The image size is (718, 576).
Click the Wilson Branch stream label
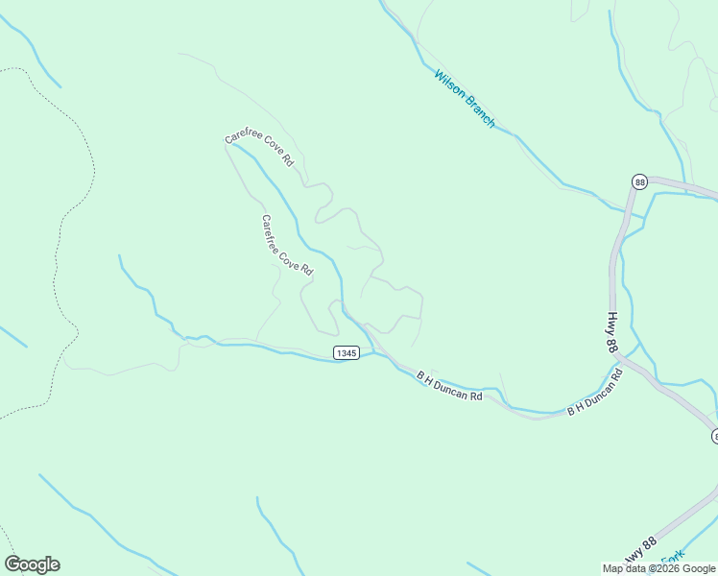(x=465, y=98)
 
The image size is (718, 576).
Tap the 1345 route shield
(x=347, y=353)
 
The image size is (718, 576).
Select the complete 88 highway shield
(x=640, y=181)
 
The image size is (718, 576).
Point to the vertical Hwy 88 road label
(x=610, y=332)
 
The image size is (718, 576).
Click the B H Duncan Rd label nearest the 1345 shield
(x=448, y=387)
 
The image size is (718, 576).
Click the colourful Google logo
(x=32, y=564)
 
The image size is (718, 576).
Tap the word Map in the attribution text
(x=614, y=568)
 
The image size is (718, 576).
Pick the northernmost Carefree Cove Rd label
(x=258, y=150)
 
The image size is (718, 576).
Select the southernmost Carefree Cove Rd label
(x=287, y=246)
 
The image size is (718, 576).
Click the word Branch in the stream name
(x=479, y=111)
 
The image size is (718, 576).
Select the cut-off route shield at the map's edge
(x=714, y=436)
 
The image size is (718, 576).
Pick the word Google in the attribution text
(x=699, y=568)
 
